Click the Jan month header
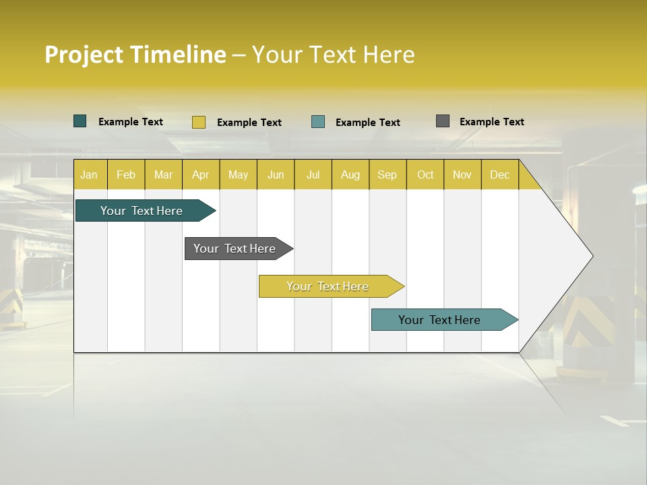click(90, 174)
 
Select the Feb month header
click(126, 174)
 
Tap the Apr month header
click(201, 174)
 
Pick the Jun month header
click(276, 174)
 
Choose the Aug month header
click(350, 174)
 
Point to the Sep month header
click(388, 174)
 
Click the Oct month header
click(425, 174)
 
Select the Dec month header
click(500, 174)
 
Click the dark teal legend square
click(80, 121)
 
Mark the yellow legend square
click(199, 122)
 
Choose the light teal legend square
click(318, 122)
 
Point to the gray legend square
click(443, 121)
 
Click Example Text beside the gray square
click(491, 122)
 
